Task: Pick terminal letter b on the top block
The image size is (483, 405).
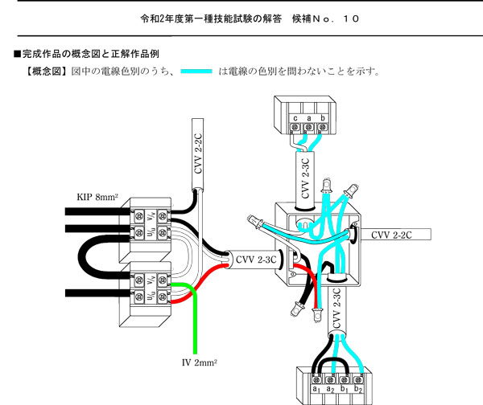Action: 322,118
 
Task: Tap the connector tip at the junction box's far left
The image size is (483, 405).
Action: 249,219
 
